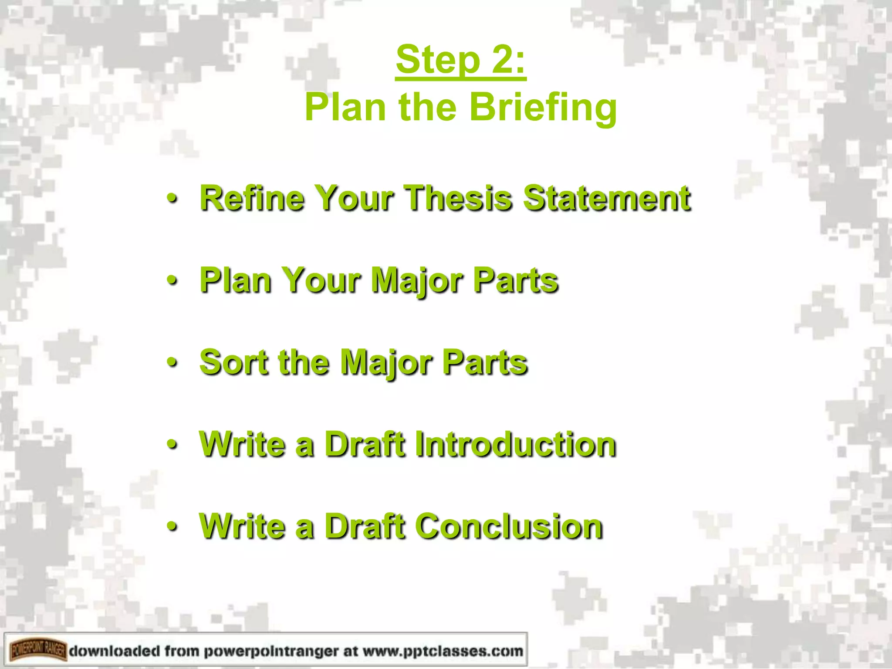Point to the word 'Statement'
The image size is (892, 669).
607,198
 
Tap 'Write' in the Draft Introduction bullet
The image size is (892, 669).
242,444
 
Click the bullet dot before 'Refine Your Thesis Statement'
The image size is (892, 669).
172,199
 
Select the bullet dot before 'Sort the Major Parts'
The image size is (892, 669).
172,363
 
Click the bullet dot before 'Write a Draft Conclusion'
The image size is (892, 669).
172,527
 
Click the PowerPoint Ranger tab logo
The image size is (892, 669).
38,651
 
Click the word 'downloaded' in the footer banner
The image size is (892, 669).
114,651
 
